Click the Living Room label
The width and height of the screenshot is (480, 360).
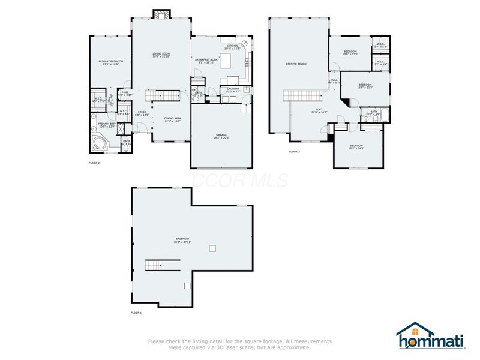161,55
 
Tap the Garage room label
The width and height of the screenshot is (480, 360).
221,137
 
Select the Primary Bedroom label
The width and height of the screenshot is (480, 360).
111,62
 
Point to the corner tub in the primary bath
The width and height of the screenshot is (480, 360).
100,143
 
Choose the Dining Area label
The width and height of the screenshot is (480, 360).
173,119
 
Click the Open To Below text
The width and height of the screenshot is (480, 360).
296,64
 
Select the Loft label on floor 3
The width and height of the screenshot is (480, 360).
319,110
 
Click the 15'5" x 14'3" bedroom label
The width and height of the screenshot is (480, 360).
357,147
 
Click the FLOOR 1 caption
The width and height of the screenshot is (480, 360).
136,313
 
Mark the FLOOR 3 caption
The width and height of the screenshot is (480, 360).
295,152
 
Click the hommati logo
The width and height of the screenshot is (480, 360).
431,337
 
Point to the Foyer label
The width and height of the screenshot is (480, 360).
142,112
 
